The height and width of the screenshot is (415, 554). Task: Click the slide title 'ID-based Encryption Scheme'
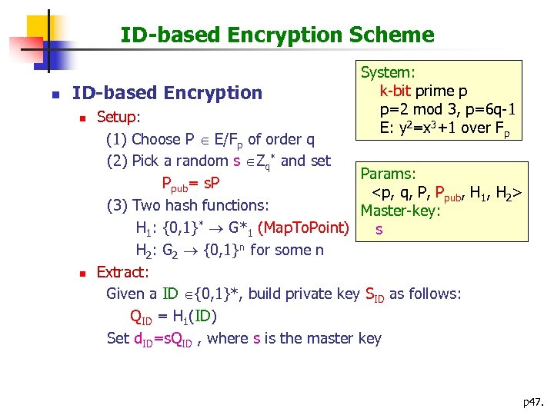[x=277, y=35]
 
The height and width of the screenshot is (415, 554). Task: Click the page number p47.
[x=532, y=400]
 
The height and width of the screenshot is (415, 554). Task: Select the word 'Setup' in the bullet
[x=117, y=118]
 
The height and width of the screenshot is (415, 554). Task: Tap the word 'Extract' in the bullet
[x=122, y=272]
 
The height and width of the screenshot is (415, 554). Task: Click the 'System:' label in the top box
[x=389, y=73]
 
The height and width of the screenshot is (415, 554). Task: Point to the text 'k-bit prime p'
[x=423, y=91]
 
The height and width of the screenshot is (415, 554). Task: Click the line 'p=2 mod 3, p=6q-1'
[x=446, y=108]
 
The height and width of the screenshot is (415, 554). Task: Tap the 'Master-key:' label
[x=400, y=211]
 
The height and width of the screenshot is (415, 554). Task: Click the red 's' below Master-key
[x=379, y=229]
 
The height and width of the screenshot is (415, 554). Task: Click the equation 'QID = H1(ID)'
[x=173, y=317]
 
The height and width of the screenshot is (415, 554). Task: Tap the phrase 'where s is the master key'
[x=294, y=338]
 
